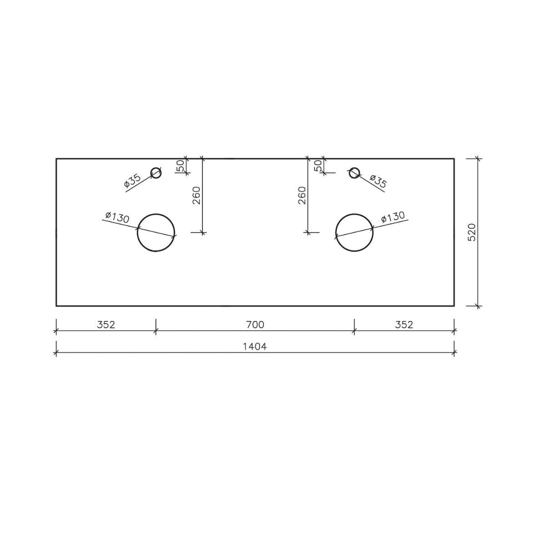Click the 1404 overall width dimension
coord(255,347)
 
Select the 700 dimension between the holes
coord(255,324)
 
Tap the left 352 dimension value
coord(106,324)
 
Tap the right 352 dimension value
coord(404,324)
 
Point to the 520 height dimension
coord(472,232)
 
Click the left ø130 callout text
coord(117,217)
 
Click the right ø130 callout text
coord(393,217)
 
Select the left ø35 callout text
coord(132,181)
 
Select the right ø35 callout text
coord(378,181)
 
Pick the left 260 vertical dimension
coord(197,196)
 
